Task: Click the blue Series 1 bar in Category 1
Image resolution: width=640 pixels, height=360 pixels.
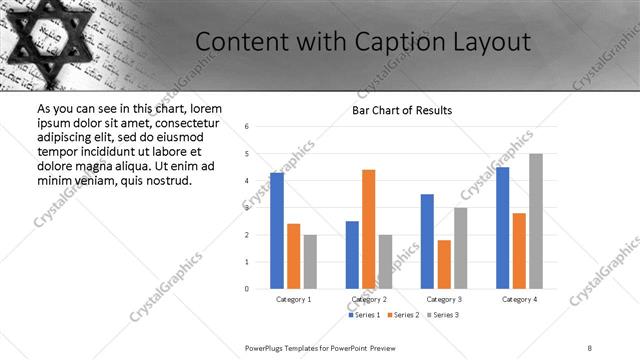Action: pos(277,231)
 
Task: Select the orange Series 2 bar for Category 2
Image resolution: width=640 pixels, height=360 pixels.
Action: pos(368,229)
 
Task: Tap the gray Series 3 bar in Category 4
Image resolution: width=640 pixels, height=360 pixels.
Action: pos(536,221)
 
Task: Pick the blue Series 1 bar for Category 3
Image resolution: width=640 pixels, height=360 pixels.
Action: pos(427,241)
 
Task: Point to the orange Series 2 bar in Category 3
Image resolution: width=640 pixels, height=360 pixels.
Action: pos(444,264)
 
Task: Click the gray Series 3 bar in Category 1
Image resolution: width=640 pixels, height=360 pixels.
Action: pos(310,262)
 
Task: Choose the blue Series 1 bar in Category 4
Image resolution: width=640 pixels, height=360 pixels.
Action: pos(502,228)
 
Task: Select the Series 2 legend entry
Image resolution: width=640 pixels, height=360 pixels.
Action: pos(403,315)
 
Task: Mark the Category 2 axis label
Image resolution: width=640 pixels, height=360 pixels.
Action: pos(369,299)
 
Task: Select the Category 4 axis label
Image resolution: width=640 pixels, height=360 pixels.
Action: pos(519,299)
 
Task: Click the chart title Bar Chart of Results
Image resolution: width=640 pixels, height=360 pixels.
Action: pos(402,110)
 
